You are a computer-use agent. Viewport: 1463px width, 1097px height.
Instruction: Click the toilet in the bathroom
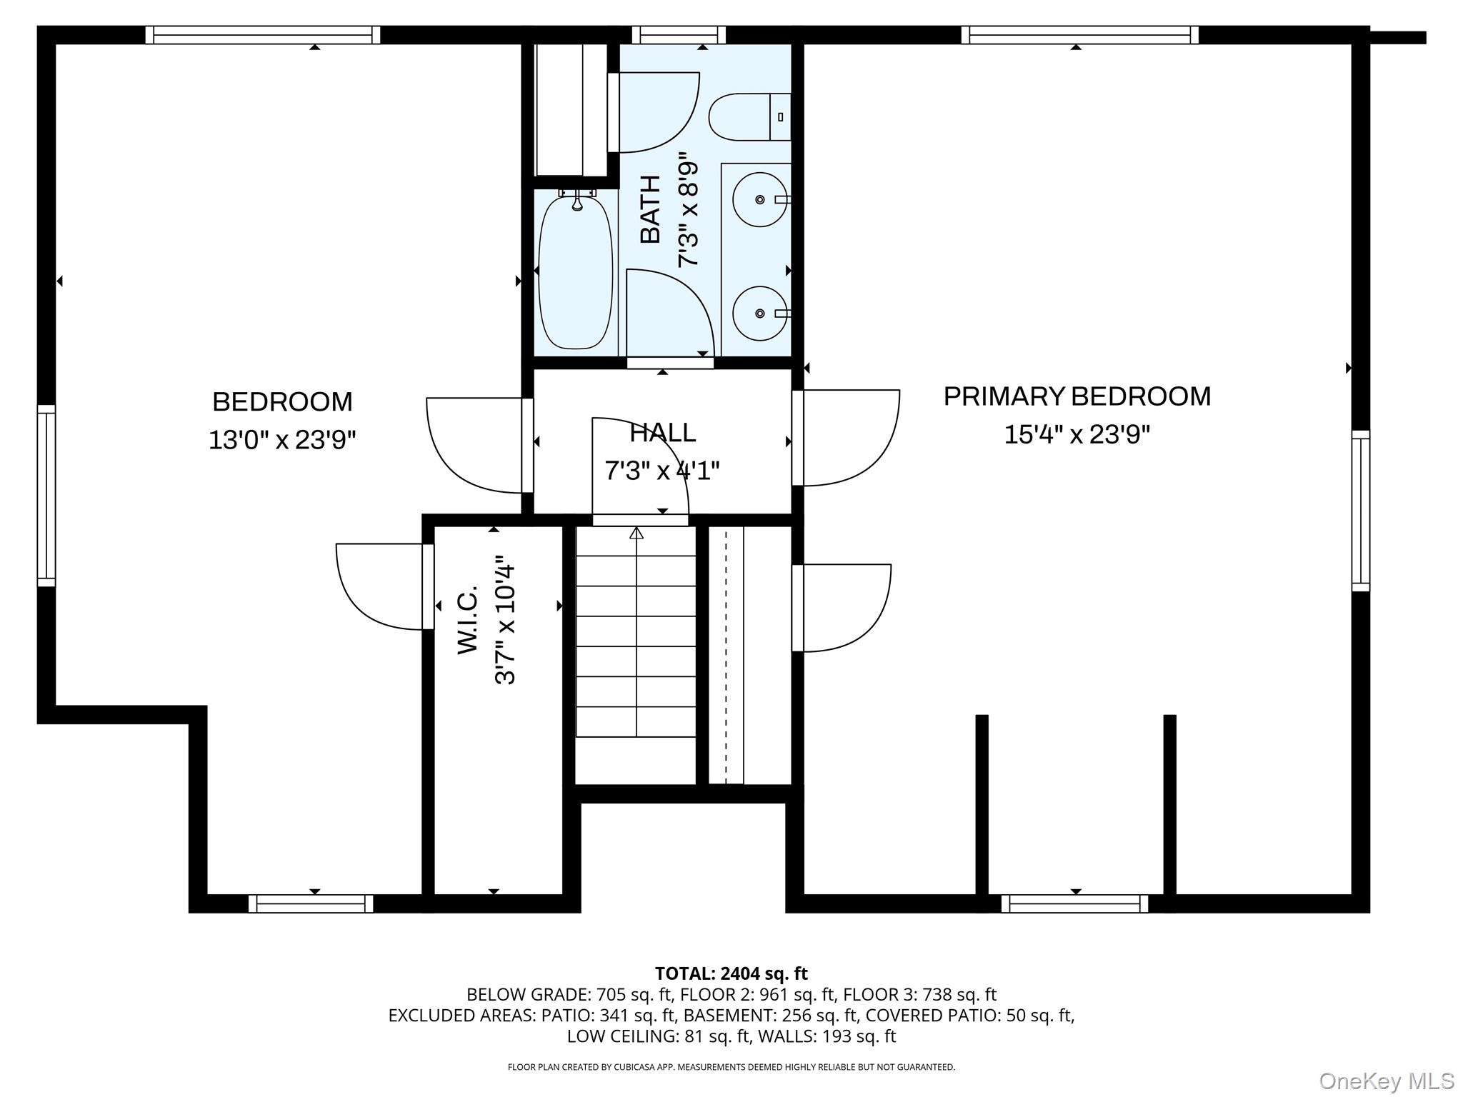[x=750, y=116]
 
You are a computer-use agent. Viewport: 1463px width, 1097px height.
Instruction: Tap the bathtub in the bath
[x=576, y=272]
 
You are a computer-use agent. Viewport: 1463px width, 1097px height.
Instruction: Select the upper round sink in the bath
[x=760, y=199]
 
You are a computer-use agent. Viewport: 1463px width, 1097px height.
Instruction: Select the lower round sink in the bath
[x=760, y=314]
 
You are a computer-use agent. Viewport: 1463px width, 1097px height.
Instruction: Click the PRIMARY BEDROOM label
[x=1077, y=396]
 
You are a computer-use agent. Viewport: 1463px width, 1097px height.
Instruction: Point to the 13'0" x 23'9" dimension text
[x=282, y=439]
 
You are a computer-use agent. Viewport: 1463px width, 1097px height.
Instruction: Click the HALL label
[x=662, y=433]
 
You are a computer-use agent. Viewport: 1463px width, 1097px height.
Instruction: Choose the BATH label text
[x=650, y=209]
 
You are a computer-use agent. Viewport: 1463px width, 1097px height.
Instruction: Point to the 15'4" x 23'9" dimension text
[x=1077, y=434]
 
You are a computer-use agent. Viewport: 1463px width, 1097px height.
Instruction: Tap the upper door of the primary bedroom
[x=846, y=438]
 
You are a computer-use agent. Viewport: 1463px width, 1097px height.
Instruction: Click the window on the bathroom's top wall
[x=679, y=35]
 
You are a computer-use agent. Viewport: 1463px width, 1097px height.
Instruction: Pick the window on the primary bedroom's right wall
[x=1361, y=511]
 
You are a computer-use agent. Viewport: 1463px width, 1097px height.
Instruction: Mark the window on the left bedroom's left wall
[x=46, y=496]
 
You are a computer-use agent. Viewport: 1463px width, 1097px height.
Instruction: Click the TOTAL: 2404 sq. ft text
[x=731, y=973]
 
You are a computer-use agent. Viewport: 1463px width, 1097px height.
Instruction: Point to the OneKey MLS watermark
[x=1387, y=1081]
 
